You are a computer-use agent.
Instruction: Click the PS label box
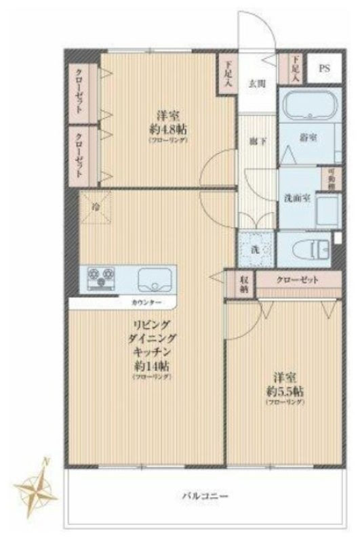pos(324,68)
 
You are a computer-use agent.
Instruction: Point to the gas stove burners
pos(100,278)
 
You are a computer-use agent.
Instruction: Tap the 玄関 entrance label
pos(257,83)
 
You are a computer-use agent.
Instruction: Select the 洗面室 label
pos(297,197)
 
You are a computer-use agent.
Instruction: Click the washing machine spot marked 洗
pos(256,249)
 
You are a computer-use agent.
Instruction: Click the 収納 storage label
pos(243,283)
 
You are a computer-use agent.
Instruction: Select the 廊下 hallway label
pos(256,142)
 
